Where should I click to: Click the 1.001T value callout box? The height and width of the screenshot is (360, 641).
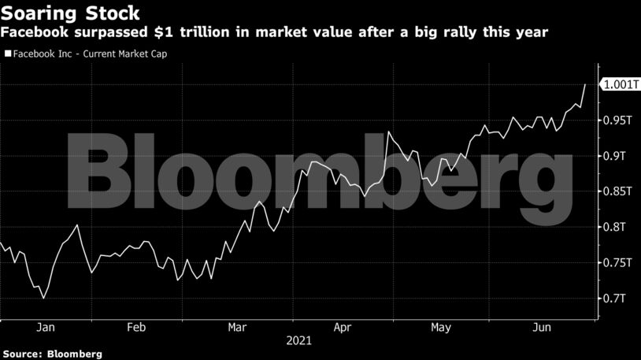point(619,85)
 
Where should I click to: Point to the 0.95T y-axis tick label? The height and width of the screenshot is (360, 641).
point(617,121)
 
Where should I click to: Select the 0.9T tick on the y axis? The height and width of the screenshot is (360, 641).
point(614,156)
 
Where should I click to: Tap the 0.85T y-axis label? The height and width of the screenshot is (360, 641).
point(617,191)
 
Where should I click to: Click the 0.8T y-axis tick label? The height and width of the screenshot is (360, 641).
point(614,227)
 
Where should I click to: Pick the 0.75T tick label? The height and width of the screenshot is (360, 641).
point(617,262)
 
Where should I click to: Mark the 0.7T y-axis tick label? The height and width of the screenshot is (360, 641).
point(614,298)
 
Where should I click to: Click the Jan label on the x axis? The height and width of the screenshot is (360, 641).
point(46,327)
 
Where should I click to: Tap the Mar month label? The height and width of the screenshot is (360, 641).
point(238,327)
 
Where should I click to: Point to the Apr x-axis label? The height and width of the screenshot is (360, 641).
point(342,327)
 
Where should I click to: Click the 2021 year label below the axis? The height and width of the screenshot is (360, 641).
point(298,341)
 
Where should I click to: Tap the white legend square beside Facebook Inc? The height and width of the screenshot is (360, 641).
point(8,54)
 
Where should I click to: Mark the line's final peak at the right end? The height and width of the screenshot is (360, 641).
point(584,84)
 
